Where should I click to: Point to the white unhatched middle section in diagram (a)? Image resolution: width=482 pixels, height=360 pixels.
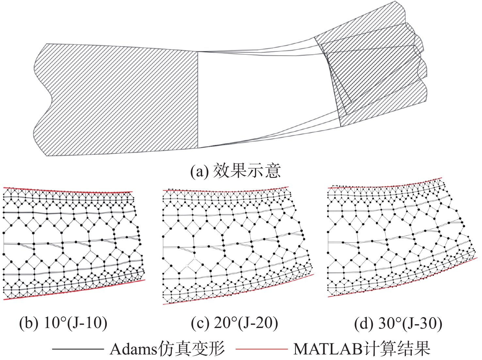point(261,98)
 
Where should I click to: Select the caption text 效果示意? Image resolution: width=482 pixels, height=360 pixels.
point(247,171)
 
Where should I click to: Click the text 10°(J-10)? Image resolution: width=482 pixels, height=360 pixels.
point(75,323)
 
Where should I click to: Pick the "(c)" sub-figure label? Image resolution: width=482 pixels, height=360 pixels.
point(200,323)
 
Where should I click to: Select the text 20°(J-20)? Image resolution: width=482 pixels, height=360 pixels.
point(246,323)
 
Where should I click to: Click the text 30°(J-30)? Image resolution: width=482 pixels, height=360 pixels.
point(410,324)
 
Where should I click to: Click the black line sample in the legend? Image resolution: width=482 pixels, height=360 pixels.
point(78,349)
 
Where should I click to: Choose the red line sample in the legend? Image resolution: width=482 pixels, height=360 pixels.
point(261,349)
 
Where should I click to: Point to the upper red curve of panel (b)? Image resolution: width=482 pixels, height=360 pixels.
point(65,190)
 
